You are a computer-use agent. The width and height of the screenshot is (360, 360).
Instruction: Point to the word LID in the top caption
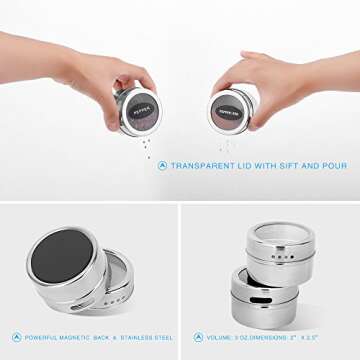pyautogui.click(x=244, y=166)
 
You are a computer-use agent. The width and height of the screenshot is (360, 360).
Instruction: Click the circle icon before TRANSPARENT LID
pyautogui.click(x=162, y=166)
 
